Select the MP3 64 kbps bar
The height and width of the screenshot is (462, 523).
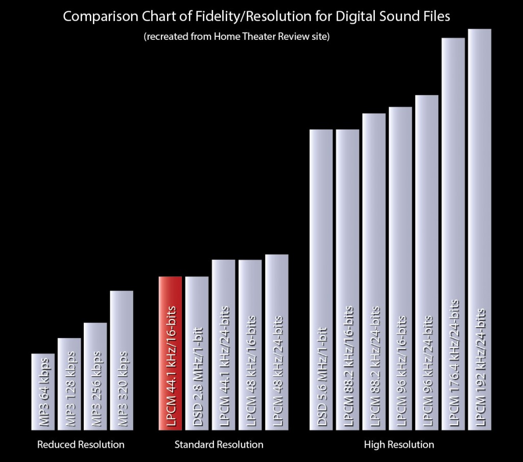pos(42,392)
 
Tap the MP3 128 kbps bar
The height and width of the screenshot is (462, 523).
pos(69,384)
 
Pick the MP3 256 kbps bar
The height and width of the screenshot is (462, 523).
pos(95,376)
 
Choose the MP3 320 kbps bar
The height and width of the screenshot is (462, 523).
pos(122,360)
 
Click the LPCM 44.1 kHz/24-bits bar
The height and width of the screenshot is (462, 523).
pos(223,345)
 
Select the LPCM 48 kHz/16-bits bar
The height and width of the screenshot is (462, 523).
pos(250,345)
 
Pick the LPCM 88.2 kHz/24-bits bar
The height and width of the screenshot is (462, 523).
pos(374,272)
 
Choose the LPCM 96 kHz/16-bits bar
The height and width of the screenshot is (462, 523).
pos(400,269)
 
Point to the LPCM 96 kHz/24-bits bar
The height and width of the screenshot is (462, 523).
pos(427,262)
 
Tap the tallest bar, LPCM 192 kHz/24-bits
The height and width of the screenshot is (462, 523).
pos(480,229)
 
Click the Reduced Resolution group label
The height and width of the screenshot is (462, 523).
pos(81,445)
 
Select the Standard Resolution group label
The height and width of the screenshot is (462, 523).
pos(219,445)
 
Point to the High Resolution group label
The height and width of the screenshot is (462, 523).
pos(399,445)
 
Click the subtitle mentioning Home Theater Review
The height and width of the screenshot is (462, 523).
pos(236,37)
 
